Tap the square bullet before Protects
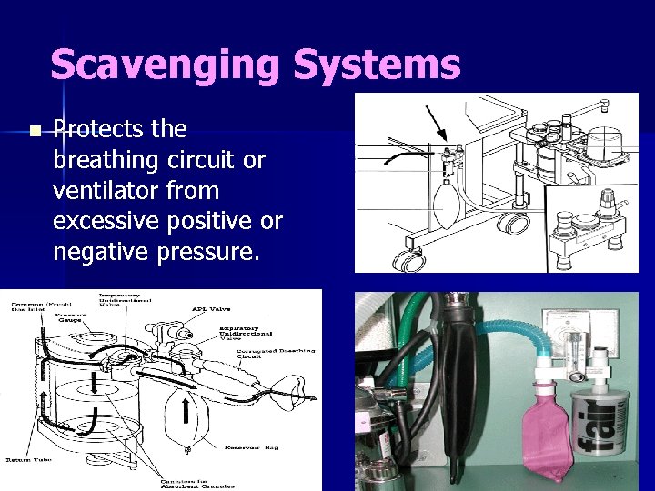pyautogui.click(x=34, y=132)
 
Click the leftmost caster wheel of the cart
pyautogui.click(x=411, y=261)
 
